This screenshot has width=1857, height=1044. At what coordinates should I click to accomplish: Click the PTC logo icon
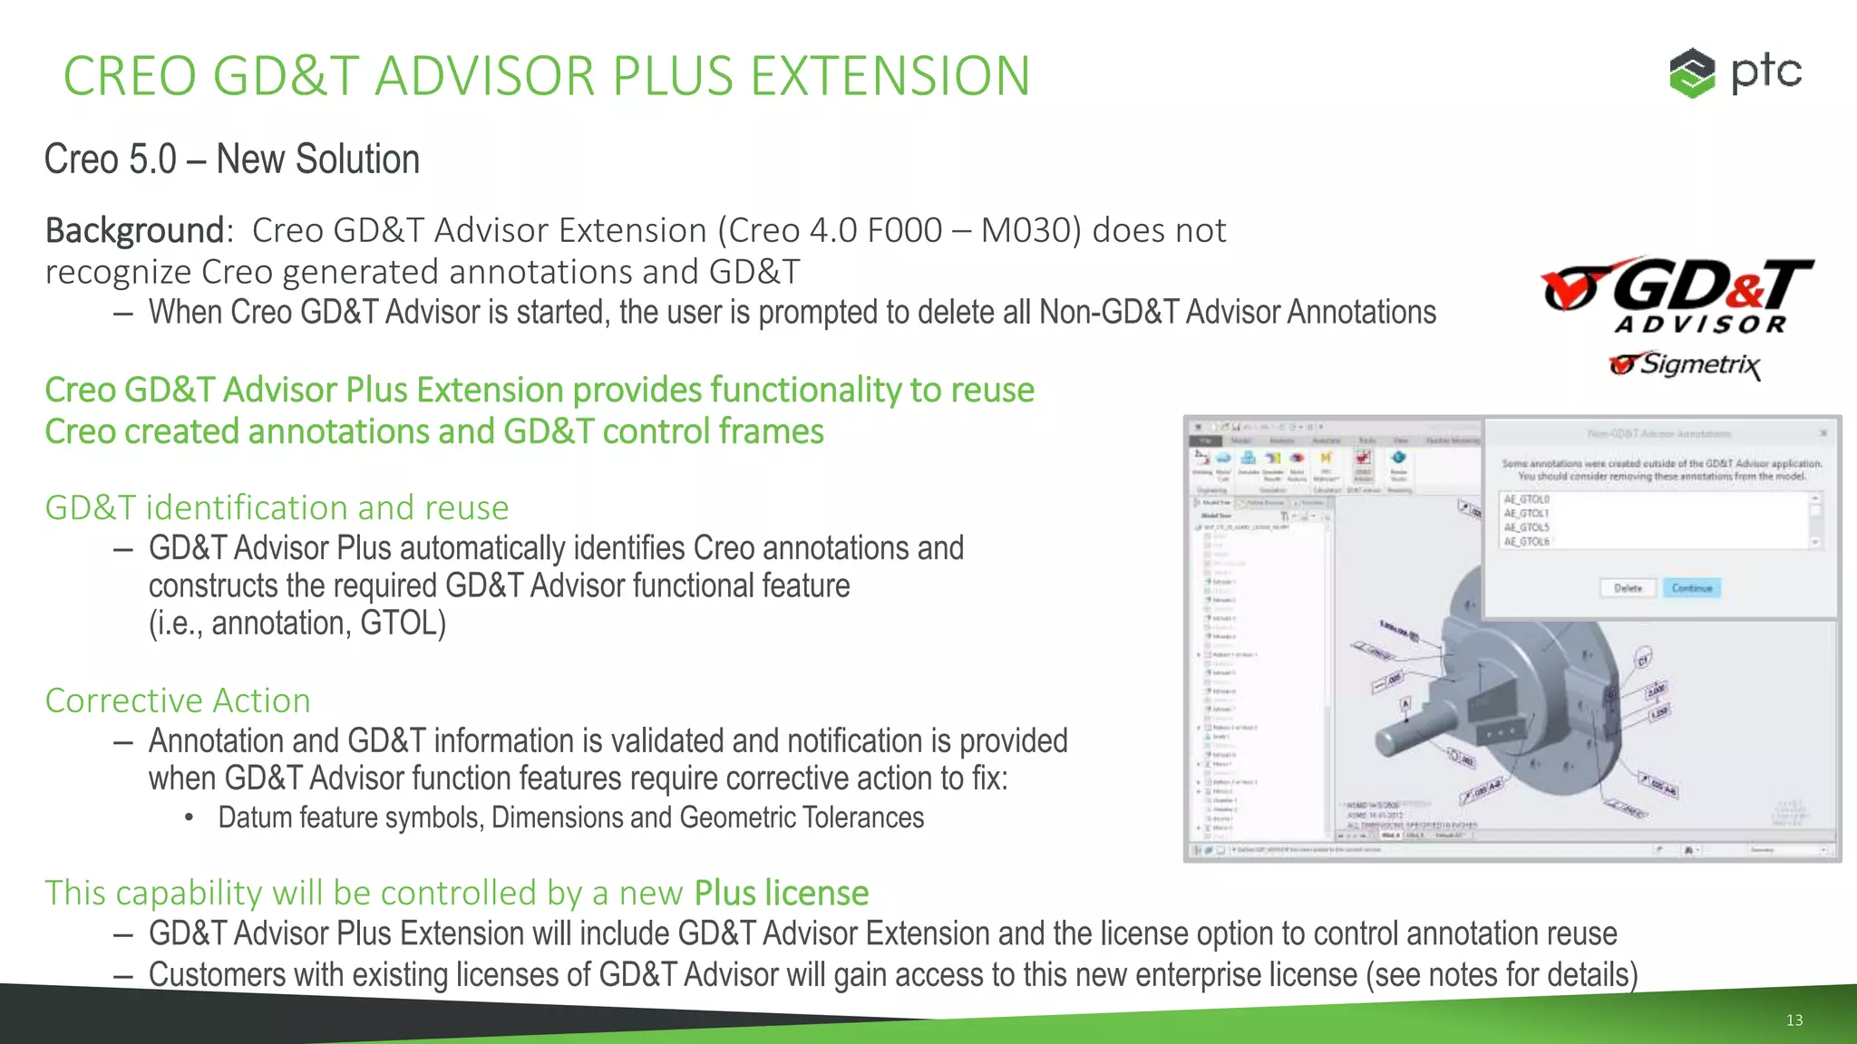coord(1692,72)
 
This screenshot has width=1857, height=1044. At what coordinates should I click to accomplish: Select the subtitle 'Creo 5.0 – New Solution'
coord(232,159)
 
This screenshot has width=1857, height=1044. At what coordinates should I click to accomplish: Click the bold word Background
coord(134,231)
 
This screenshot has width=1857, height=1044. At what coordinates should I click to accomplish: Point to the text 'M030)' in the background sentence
coord(1031,231)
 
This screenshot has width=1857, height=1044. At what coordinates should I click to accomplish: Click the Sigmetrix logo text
coord(1687,364)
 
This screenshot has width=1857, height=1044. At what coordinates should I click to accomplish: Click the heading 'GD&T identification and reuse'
coord(277,507)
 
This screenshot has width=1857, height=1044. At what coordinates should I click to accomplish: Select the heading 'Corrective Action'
coord(178,701)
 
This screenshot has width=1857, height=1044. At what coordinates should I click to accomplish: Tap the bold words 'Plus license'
coord(781,894)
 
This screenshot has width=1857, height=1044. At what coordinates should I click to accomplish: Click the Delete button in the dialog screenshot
coord(1628,588)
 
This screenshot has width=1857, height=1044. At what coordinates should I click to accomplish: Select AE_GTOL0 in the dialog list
coord(1527,499)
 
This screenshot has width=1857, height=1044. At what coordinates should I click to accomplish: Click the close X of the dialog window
coord(1823,433)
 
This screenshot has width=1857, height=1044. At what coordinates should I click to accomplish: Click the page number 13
coord(1794,1020)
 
